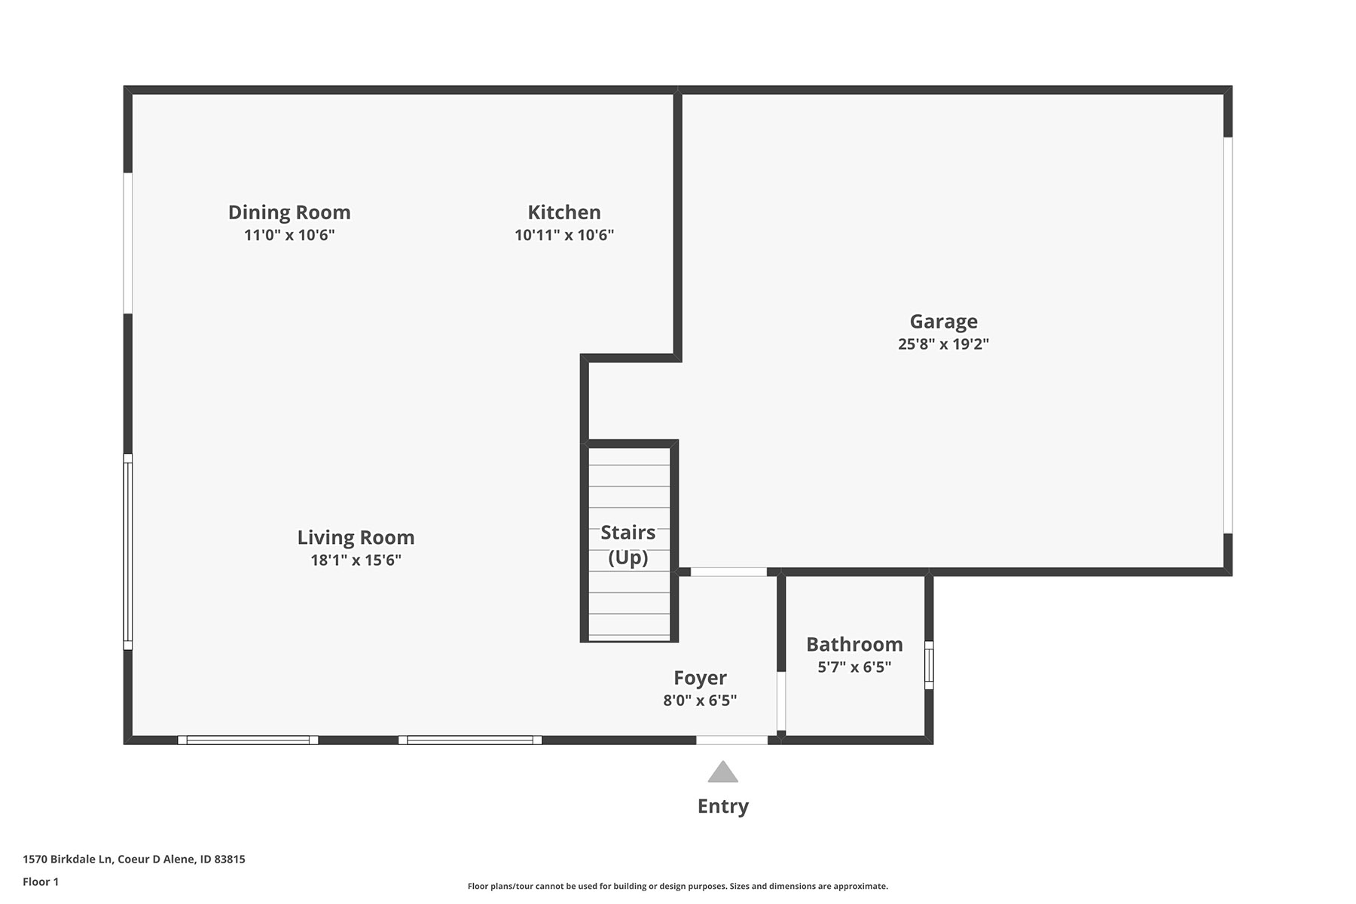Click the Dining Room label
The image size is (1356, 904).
289,212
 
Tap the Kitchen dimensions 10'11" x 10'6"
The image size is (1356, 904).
564,235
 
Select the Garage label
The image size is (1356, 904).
944,322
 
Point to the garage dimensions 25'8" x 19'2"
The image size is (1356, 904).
943,344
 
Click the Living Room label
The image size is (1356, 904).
356,538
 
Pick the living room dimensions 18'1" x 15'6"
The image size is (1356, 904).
356,560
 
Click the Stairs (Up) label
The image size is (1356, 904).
628,545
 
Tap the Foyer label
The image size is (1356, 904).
700,679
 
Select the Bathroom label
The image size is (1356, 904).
854,645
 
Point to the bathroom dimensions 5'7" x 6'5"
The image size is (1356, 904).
854,667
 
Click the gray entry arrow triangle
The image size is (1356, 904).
722,772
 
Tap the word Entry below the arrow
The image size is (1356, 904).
722,807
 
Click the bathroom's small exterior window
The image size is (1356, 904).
929,665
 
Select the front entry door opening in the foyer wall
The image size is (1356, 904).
731,741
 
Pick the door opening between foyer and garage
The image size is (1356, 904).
728,572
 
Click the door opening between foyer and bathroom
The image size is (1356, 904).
781,701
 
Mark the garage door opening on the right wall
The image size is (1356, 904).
1228,335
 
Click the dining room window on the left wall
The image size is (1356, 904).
128,243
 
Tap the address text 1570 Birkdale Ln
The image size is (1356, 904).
68,860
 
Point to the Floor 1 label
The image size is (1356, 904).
41,882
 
